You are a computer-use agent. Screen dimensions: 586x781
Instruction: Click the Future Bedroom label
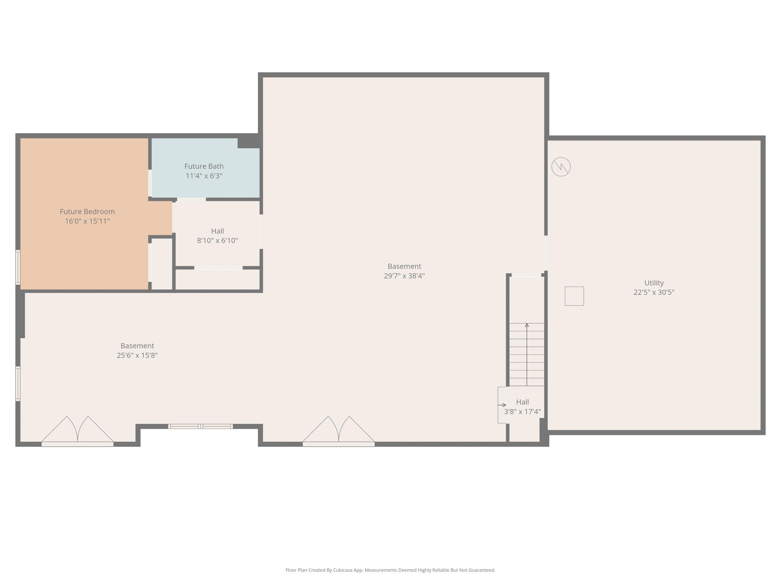(x=87, y=212)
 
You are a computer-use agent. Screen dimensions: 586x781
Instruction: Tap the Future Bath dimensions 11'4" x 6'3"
(x=204, y=176)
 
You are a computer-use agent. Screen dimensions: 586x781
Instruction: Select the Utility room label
(x=654, y=283)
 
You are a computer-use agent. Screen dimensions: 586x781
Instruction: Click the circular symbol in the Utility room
(x=561, y=167)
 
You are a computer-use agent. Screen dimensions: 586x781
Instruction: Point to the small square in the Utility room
(x=574, y=296)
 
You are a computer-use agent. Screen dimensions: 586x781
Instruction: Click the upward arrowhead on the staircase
(x=527, y=325)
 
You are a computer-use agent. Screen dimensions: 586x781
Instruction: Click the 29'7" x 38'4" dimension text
(x=404, y=276)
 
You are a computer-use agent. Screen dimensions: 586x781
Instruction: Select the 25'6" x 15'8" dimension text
(x=137, y=355)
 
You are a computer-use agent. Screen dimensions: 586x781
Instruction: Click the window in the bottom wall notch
(x=200, y=426)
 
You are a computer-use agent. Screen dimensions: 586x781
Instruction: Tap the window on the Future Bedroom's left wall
(x=18, y=267)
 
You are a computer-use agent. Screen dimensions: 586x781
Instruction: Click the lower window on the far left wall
(x=18, y=384)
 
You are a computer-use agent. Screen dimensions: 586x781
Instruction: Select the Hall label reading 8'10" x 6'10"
(x=217, y=236)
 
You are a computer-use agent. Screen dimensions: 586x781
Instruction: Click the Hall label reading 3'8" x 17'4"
(x=522, y=407)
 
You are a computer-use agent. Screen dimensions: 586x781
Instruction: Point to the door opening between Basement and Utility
(x=546, y=253)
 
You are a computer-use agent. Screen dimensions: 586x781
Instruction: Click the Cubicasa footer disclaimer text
(x=390, y=570)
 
